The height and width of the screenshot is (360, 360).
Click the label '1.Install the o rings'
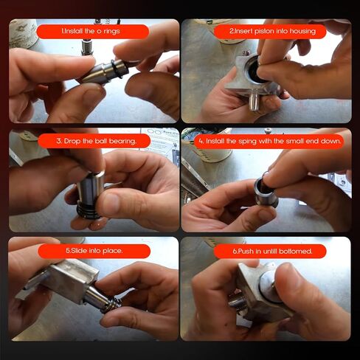[91, 31]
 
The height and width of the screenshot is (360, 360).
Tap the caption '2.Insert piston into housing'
[272, 31]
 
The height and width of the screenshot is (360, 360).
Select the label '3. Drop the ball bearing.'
[96, 141]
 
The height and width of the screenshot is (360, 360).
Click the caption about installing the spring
[270, 141]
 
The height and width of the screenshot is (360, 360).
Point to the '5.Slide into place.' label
[94, 251]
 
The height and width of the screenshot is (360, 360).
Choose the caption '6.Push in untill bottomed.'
[272, 252]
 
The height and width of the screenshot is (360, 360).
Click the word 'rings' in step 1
[111, 32]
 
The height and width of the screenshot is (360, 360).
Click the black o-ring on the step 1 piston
[117, 69]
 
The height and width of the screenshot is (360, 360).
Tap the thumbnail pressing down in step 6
[286, 273]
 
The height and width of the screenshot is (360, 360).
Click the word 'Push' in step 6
[246, 252]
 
